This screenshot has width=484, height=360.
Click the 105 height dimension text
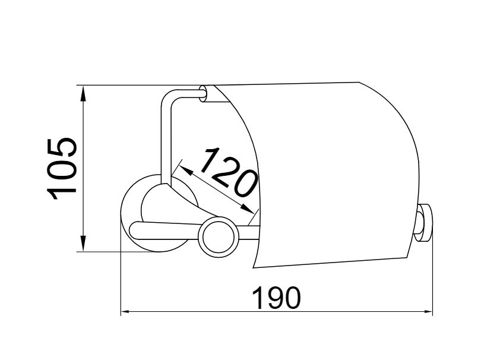pos(61,169)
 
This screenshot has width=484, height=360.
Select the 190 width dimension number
pos(276,298)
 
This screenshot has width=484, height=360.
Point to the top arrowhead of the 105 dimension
pos(83,93)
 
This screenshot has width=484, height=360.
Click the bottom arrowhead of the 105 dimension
pos(83,244)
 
